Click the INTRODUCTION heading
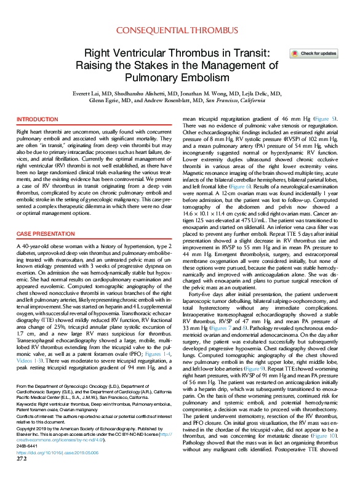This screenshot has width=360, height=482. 38,119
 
